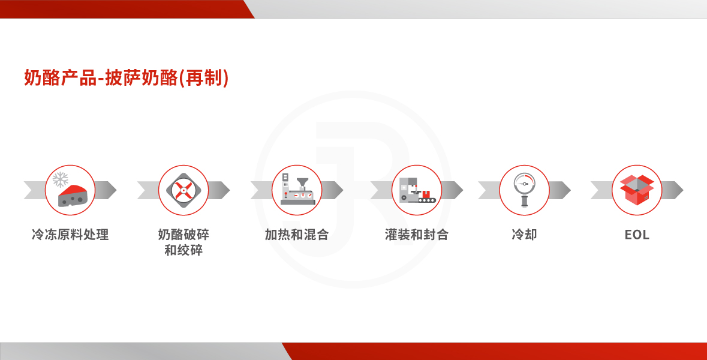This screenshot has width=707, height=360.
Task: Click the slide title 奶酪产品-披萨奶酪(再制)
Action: click(x=127, y=78)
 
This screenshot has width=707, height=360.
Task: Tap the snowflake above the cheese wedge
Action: click(x=61, y=179)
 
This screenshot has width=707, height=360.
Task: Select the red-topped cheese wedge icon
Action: click(x=73, y=196)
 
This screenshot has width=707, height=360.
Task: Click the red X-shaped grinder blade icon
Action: click(x=183, y=190)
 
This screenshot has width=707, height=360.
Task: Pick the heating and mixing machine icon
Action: click(x=297, y=190)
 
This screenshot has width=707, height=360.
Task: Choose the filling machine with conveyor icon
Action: click(x=417, y=190)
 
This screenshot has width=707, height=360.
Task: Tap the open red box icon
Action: click(x=637, y=190)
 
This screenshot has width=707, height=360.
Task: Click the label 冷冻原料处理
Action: click(x=70, y=235)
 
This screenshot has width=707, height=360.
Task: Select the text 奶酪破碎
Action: click(x=183, y=235)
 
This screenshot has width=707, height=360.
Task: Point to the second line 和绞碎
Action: click(x=183, y=250)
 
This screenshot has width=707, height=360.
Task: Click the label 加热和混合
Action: click(x=297, y=235)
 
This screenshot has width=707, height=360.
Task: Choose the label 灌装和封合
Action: click(x=417, y=235)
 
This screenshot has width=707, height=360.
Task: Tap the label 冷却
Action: click(x=524, y=235)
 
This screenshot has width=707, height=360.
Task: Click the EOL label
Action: click(x=637, y=235)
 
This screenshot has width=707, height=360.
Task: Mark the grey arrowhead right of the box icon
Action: click(x=673, y=190)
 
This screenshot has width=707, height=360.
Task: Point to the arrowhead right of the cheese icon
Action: click(x=106, y=190)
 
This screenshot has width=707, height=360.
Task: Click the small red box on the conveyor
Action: click(x=425, y=194)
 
